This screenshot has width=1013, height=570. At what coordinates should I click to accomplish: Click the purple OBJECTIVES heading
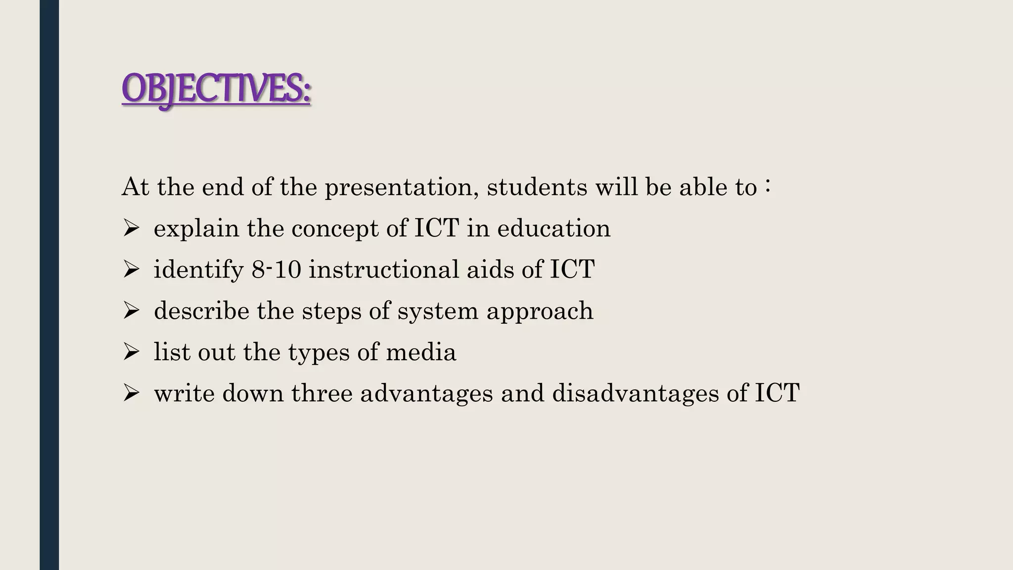pyautogui.click(x=216, y=89)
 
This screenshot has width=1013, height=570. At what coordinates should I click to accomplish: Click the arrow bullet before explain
pyautogui.click(x=131, y=229)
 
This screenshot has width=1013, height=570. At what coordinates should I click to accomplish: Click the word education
pyautogui.click(x=553, y=229)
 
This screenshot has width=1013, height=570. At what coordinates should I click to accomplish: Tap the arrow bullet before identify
pyautogui.click(x=131, y=270)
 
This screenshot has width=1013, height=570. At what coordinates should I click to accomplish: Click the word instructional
pyautogui.click(x=384, y=270)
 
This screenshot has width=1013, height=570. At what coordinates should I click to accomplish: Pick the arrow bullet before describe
pyautogui.click(x=131, y=311)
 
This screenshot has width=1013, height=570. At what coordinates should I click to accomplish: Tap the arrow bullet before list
pyautogui.click(x=131, y=352)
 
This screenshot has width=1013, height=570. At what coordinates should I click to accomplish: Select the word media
pyautogui.click(x=421, y=352)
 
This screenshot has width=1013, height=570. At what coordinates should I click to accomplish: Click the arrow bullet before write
pyautogui.click(x=131, y=393)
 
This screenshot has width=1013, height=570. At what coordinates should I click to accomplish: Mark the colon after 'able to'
pyautogui.click(x=767, y=187)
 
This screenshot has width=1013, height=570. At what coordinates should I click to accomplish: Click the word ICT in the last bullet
pyautogui.click(x=777, y=393)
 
